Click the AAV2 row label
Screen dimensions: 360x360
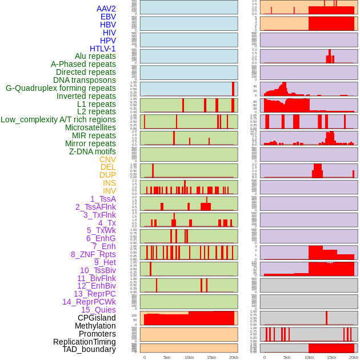[106, 9]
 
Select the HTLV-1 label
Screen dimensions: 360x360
[102, 49]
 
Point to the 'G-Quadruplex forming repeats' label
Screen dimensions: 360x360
[61, 88]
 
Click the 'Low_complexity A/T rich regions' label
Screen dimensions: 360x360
[58, 119]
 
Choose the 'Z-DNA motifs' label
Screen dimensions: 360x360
[92, 151]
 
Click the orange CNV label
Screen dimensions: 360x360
[107, 159]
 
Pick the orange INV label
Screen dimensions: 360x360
[109, 191]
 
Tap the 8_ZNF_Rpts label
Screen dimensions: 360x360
[93, 254]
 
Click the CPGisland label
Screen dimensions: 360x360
[97, 318]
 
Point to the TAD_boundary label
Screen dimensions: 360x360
[89, 349]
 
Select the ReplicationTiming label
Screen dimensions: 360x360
[85, 342]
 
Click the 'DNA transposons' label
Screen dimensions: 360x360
[85, 80]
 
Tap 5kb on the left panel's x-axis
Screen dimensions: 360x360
[167, 357]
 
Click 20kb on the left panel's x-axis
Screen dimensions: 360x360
[234, 357]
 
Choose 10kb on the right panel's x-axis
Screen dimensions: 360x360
[309, 357]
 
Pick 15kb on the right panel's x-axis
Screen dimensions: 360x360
[331, 357]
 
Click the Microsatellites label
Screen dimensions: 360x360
[90, 127]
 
